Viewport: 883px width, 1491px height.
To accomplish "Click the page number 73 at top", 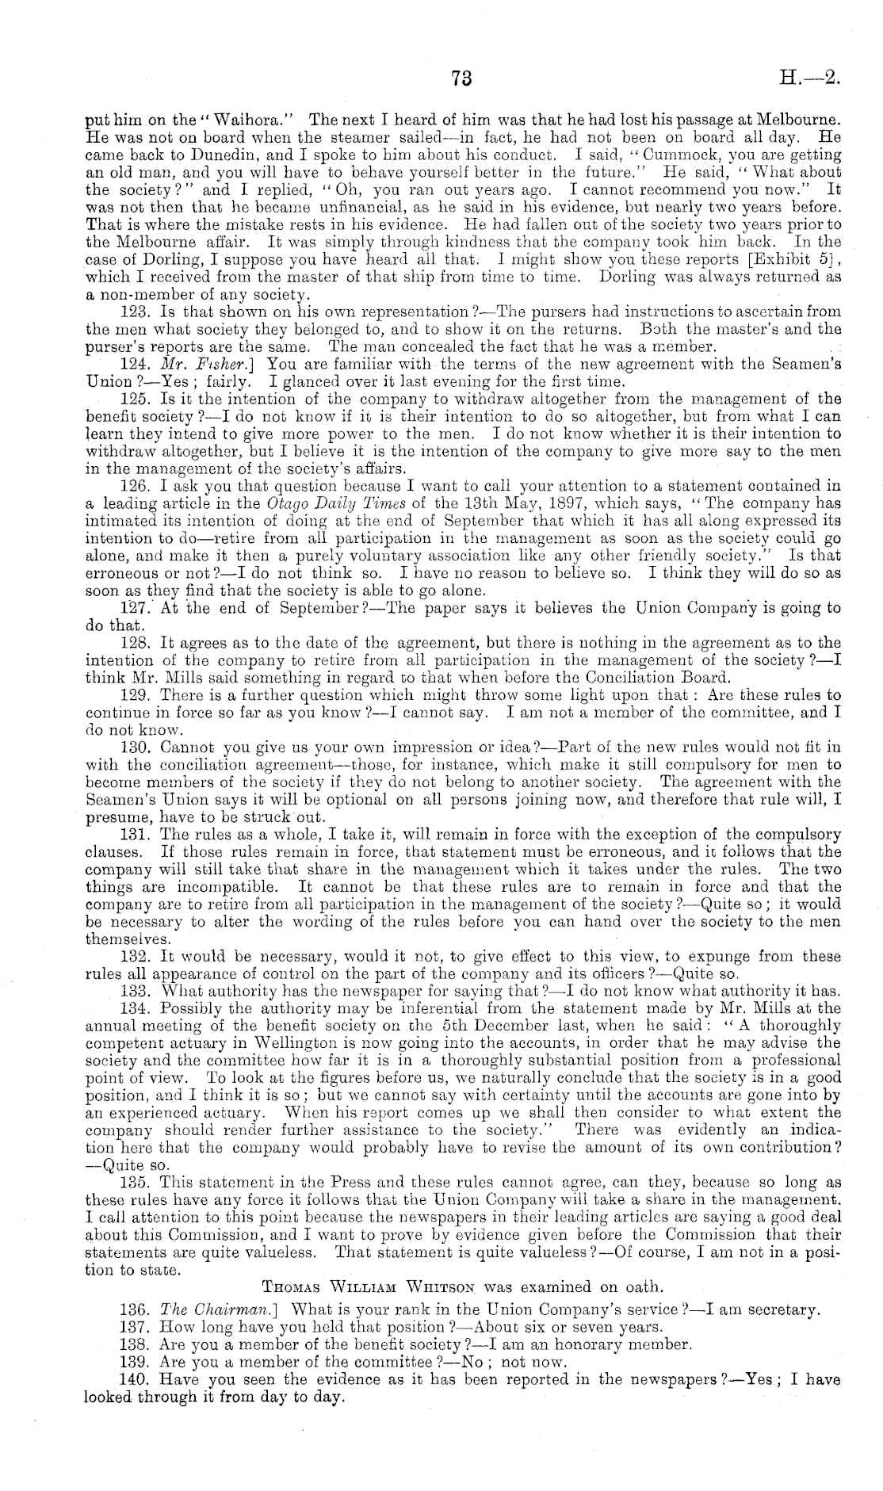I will [x=461, y=78].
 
